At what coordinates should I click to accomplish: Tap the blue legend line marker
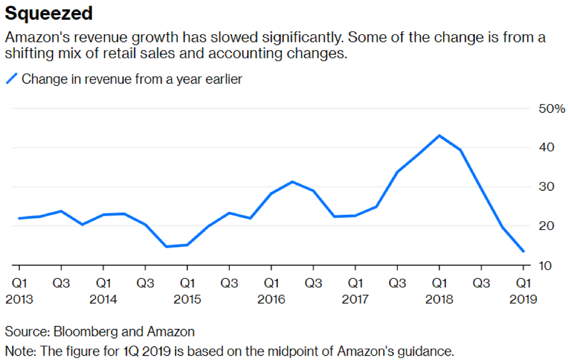[12, 79]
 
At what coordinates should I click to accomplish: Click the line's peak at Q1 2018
[440, 136]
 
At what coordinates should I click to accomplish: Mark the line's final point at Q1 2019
[523, 251]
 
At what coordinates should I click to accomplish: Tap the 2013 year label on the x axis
[20, 300]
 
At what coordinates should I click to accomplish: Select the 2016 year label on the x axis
[271, 300]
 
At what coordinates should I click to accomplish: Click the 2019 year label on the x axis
[523, 300]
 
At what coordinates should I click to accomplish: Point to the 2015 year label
[187, 300]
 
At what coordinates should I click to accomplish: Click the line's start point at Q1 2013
[19, 218]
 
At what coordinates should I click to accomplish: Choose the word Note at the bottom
[19, 351]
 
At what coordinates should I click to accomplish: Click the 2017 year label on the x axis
[355, 300]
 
